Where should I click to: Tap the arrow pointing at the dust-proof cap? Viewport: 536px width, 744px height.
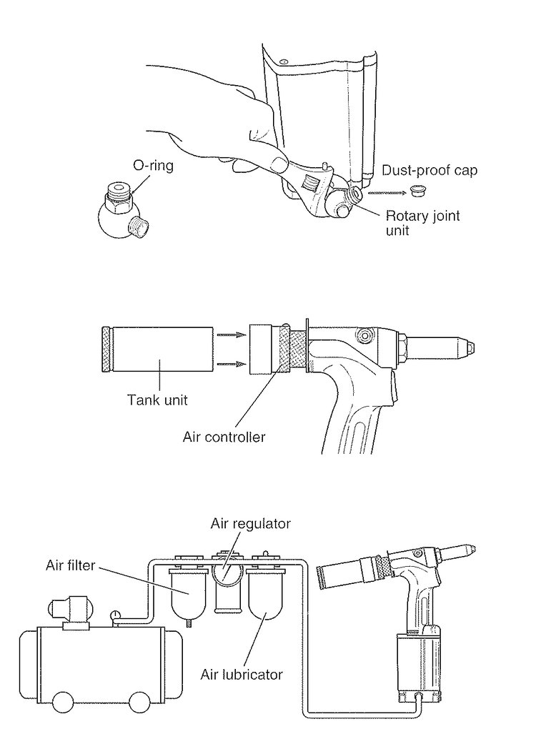point(384,192)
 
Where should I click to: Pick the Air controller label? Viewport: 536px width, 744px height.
point(224,435)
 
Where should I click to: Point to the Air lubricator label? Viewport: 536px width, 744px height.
point(241,673)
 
